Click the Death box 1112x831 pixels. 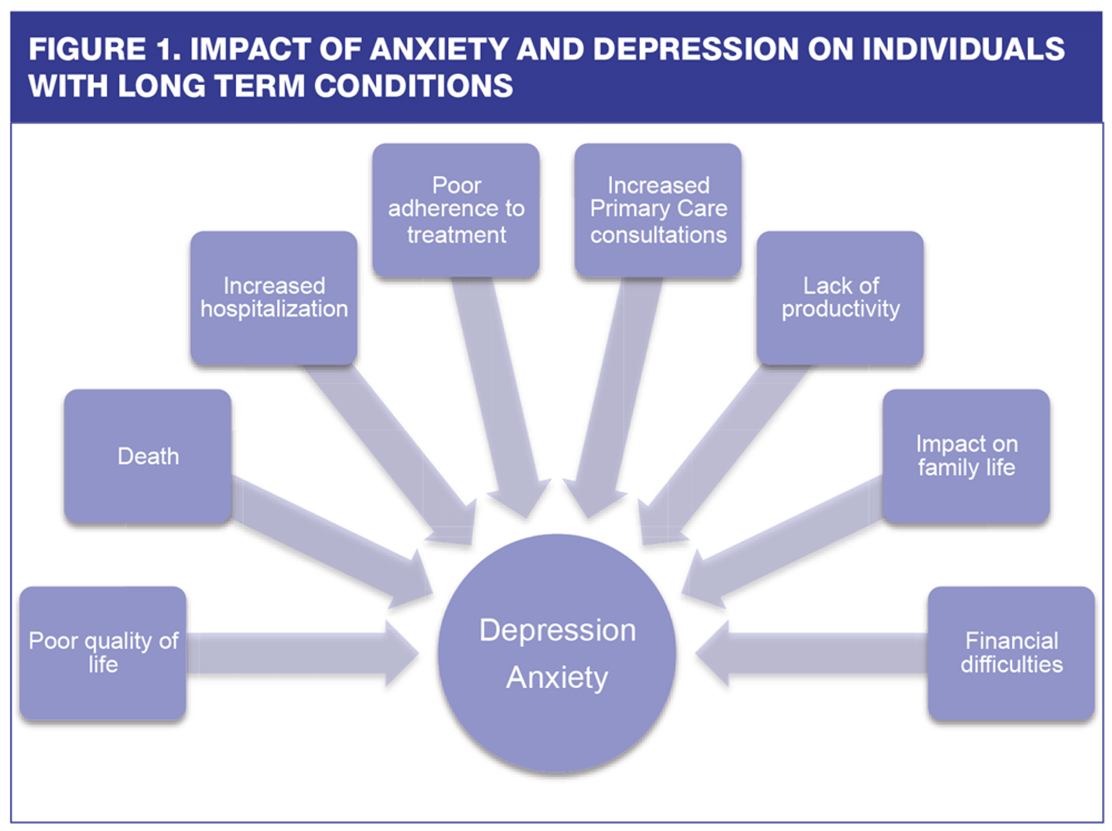pos(148,457)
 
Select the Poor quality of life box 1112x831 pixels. pos(103,653)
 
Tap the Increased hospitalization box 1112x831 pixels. pos(274,298)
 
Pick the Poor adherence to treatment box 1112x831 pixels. pos(456,210)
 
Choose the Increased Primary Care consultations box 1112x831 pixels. pos(658,210)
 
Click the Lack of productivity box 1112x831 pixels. pos(840,298)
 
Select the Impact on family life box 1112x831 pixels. pos(966,457)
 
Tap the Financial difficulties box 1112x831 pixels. pos(1011,653)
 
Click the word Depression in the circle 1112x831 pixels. pos(557,630)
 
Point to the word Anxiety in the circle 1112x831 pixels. pos(557,677)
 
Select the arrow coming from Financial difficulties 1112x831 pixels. pos(811,654)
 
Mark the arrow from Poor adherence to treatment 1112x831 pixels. pos(498,394)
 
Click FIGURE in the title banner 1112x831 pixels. pos(87,49)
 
